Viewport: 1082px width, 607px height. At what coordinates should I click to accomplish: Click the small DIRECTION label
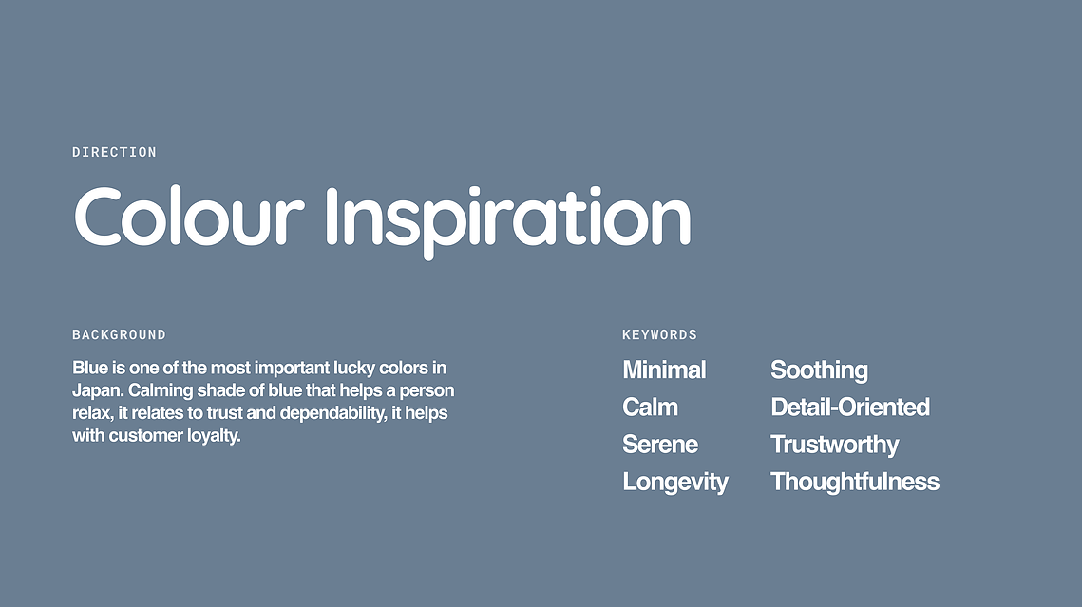pos(115,152)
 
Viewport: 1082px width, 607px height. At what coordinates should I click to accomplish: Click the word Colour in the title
pos(188,216)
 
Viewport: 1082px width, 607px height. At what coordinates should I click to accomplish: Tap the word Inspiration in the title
pos(508,220)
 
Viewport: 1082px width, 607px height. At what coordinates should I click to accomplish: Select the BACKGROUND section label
pos(120,334)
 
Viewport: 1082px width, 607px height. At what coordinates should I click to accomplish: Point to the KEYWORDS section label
pos(659,334)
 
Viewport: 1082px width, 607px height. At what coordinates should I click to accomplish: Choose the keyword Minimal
pos(664,370)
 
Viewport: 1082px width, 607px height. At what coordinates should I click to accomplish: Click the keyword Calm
pos(650,407)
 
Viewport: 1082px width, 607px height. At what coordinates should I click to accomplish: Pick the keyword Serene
pos(660,445)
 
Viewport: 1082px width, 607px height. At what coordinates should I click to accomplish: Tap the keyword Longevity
pos(674,483)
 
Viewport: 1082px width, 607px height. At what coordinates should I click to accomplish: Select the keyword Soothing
pos(819,370)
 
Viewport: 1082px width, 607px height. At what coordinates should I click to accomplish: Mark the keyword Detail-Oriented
pos(850,407)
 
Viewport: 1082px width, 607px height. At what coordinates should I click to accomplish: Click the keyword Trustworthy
pos(834,445)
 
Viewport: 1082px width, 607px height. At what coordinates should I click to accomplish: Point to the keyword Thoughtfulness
pos(855,482)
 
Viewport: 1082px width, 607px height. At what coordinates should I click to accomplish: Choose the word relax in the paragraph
pos(92,414)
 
